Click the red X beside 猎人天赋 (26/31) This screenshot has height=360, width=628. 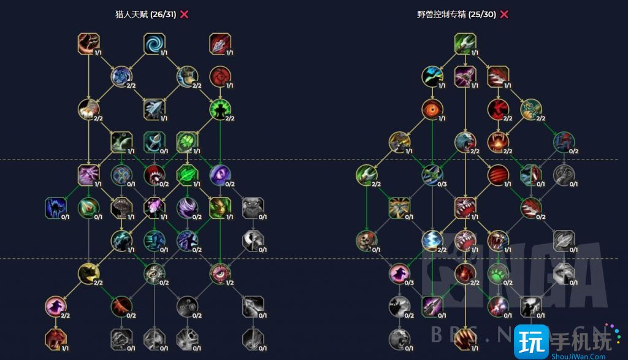click(x=184, y=14)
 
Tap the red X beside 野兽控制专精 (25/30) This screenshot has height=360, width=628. click(x=504, y=14)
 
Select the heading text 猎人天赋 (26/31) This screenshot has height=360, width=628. click(x=148, y=14)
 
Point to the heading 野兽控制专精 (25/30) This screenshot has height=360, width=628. click(x=456, y=14)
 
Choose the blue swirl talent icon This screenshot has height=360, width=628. click(x=154, y=44)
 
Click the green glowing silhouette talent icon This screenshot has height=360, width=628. click(x=220, y=109)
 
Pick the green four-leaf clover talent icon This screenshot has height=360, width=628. click(x=186, y=142)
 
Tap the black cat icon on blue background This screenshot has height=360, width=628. click(x=55, y=208)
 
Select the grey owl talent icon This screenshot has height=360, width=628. click(x=253, y=208)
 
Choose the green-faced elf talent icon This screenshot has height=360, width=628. click(x=220, y=208)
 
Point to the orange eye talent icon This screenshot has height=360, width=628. click(x=432, y=110)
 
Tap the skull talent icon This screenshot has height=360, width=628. click(x=367, y=240)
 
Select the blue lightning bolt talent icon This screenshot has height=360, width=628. click(x=432, y=240)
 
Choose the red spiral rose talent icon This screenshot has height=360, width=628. click(x=220, y=77)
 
